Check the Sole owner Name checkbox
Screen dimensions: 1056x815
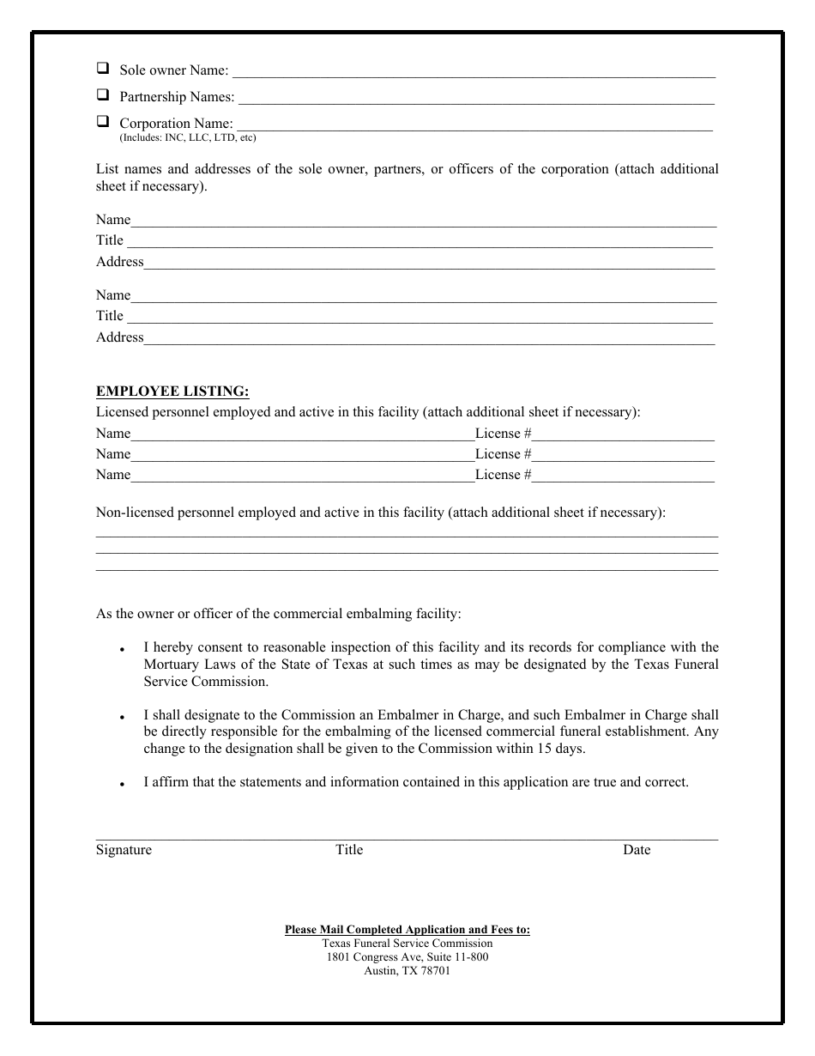tap(103, 68)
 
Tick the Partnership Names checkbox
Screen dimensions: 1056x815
tap(103, 94)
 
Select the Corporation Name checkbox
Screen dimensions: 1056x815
tap(103, 121)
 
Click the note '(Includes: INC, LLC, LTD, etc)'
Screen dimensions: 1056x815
tap(187, 137)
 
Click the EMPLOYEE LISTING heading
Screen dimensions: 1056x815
tap(172, 391)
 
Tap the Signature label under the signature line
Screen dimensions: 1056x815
tap(124, 850)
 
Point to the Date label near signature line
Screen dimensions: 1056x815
tap(637, 850)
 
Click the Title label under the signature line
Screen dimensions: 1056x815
tap(349, 850)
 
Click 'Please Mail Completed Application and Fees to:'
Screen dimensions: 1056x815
tap(407, 929)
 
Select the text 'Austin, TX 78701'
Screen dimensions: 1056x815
tap(407, 971)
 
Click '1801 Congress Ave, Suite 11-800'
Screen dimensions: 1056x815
tap(407, 957)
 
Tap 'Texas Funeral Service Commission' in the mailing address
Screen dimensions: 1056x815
tap(407, 943)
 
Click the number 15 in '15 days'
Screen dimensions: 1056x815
tap(541, 749)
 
